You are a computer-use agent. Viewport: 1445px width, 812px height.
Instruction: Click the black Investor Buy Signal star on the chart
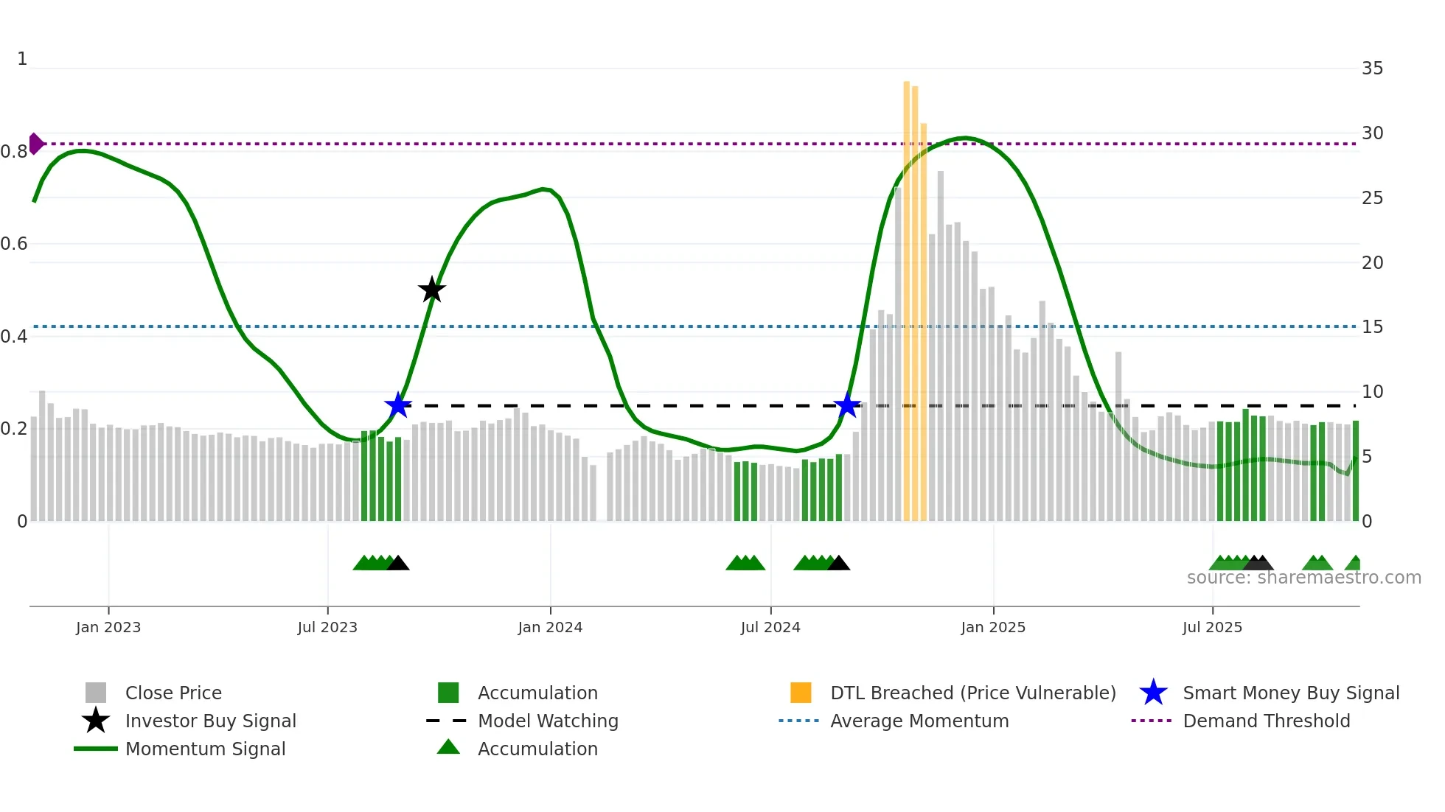[432, 290]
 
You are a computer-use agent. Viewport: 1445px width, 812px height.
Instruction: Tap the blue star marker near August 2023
[398, 405]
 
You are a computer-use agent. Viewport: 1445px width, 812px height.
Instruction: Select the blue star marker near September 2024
[847, 405]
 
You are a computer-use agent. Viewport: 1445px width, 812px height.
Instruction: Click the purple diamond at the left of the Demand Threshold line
[35, 144]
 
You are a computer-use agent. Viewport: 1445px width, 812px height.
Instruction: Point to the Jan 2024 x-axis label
[550, 627]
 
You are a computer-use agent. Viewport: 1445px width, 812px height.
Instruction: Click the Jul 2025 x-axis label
[1212, 627]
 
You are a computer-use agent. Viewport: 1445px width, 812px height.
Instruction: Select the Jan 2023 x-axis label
[108, 627]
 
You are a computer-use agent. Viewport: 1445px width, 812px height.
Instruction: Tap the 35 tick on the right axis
[1372, 69]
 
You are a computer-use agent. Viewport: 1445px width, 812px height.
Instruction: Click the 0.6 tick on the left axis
[14, 244]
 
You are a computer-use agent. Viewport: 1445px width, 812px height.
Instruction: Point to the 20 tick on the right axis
[1372, 263]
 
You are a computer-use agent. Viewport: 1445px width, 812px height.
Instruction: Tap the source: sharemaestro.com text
[1303, 578]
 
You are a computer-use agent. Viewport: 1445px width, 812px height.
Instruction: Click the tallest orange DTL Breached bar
[907, 295]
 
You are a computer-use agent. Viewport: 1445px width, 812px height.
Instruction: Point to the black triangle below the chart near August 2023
[398, 564]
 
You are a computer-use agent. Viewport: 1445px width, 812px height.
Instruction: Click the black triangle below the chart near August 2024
[838, 564]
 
